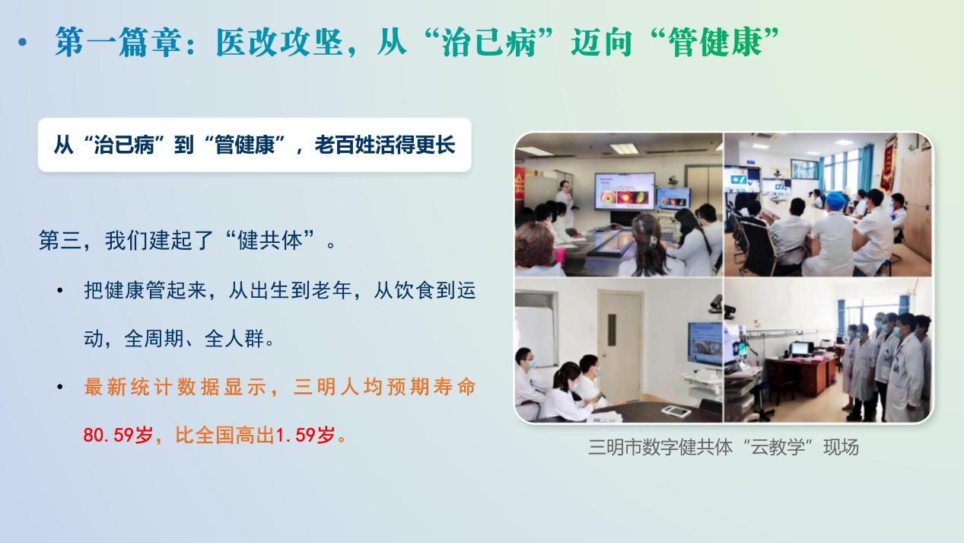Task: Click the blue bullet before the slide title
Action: (x=23, y=42)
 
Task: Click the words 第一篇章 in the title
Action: (x=118, y=42)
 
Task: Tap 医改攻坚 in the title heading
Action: (x=279, y=42)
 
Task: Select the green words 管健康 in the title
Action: (x=715, y=42)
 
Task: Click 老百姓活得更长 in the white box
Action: (x=385, y=145)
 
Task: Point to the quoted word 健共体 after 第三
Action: (x=270, y=241)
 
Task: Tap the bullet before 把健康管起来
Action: (x=60, y=291)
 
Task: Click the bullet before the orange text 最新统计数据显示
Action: (x=60, y=387)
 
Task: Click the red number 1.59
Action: (x=296, y=435)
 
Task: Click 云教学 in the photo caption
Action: (x=778, y=447)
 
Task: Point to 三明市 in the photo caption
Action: (x=615, y=447)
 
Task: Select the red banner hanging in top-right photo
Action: (x=888, y=163)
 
